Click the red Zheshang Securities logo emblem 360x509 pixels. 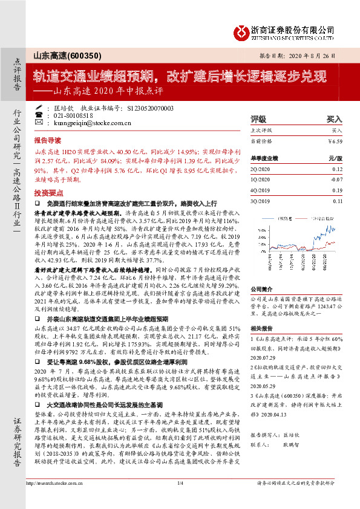click(x=244, y=30)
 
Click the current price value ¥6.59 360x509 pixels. click(x=343, y=141)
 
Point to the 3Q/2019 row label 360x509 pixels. click(x=262, y=200)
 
